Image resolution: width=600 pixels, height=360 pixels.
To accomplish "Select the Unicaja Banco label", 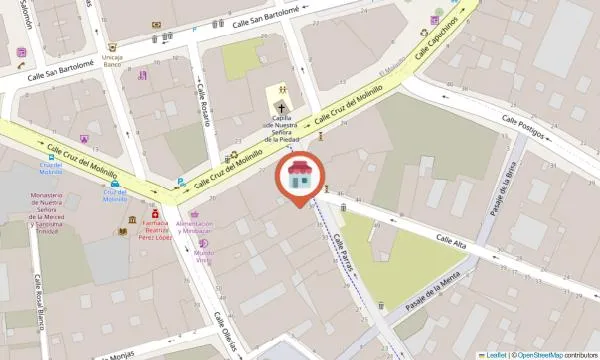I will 112,62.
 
